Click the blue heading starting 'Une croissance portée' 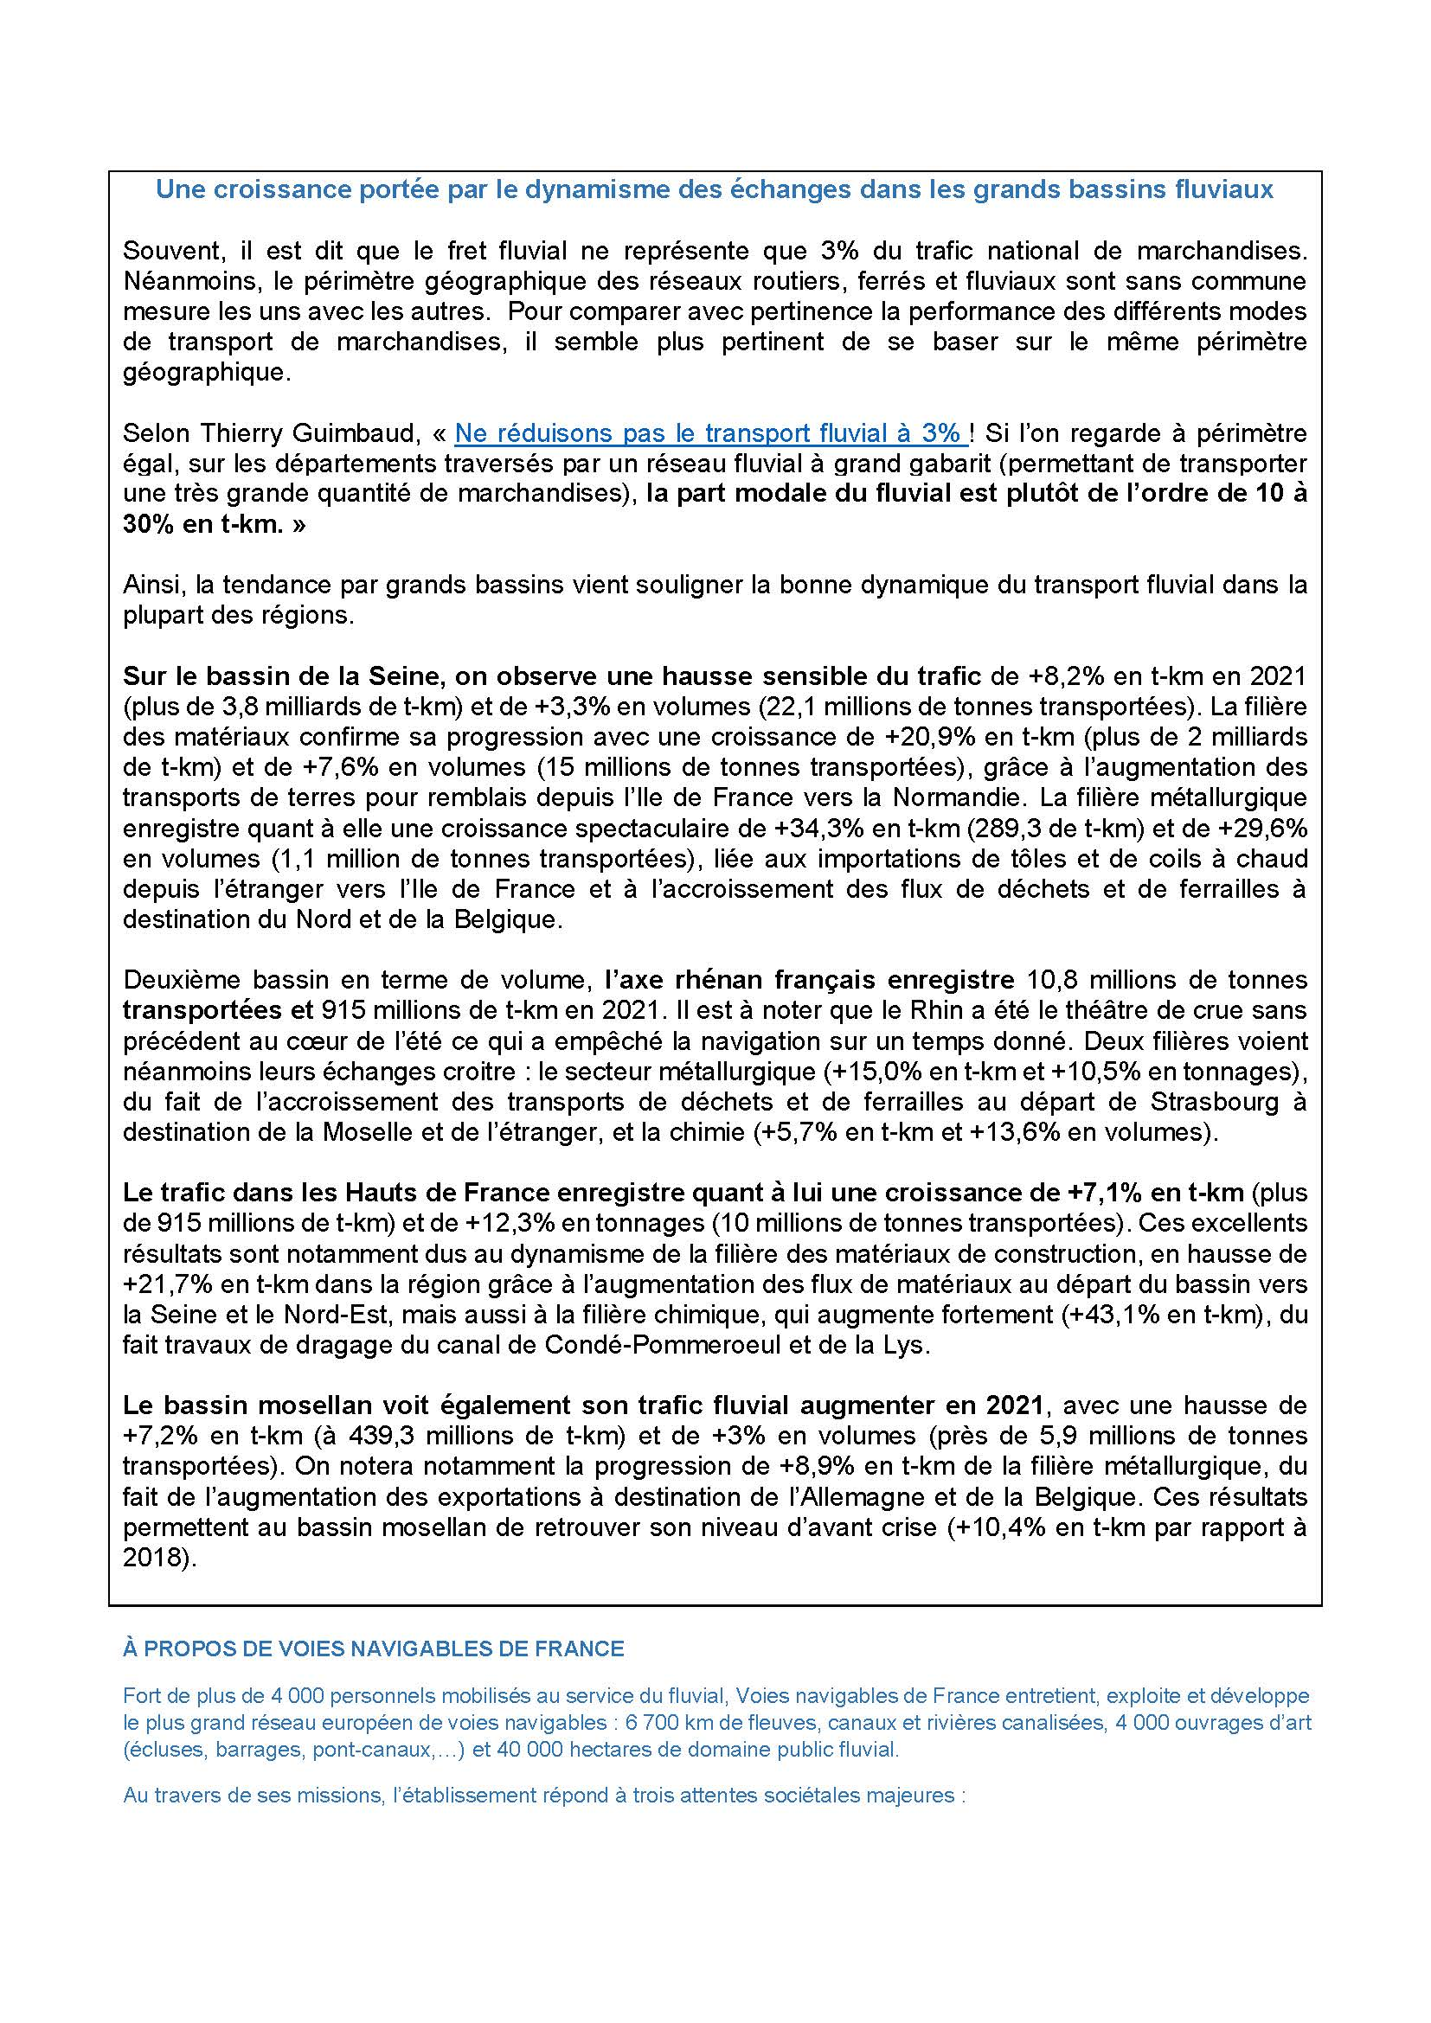(x=715, y=190)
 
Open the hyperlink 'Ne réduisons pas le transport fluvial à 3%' (x=709, y=433)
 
